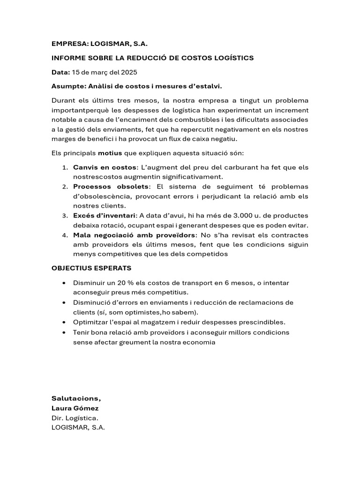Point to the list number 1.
tap(65, 167)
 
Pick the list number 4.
tap(65, 235)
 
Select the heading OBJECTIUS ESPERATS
tap(91, 268)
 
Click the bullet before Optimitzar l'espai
tap(64, 322)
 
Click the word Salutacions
tap(76, 398)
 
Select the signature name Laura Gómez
tap(75, 408)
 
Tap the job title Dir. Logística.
tap(75, 418)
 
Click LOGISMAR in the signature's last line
tap(69, 428)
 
